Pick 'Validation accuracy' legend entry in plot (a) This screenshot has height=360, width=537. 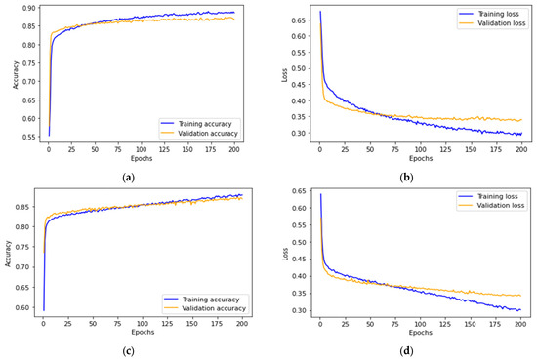[203, 134]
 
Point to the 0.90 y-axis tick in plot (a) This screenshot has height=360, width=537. [29, 8]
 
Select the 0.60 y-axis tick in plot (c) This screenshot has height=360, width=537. [29, 307]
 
